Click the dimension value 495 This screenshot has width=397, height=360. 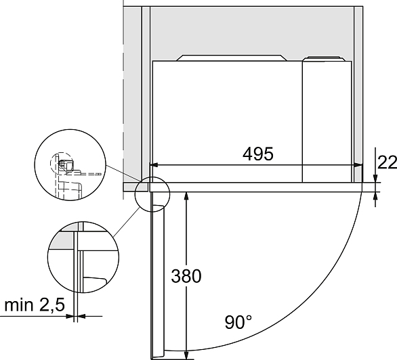click(x=258, y=154)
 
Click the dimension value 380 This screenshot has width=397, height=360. click(x=186, y=276)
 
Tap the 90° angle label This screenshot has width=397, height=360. click(x=238, y=322)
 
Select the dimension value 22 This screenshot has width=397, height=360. click(x=388, y=162)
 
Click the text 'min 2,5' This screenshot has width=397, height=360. click(x=35, y=305)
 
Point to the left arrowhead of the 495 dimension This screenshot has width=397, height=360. click(x=154, y=165)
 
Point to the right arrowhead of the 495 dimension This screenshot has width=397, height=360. click(x=358, y=165)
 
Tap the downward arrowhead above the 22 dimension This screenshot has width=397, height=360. click(x=375, y=178)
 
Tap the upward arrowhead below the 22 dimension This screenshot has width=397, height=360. click(x=375, y=196)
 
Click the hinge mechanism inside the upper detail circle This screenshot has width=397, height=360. click(x=66, y=164)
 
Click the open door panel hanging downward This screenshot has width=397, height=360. click(x=157, y=275)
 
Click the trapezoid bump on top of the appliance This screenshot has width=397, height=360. click(x=232, y=58)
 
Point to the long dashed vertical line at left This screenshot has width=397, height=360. click(x=123, y=100)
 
